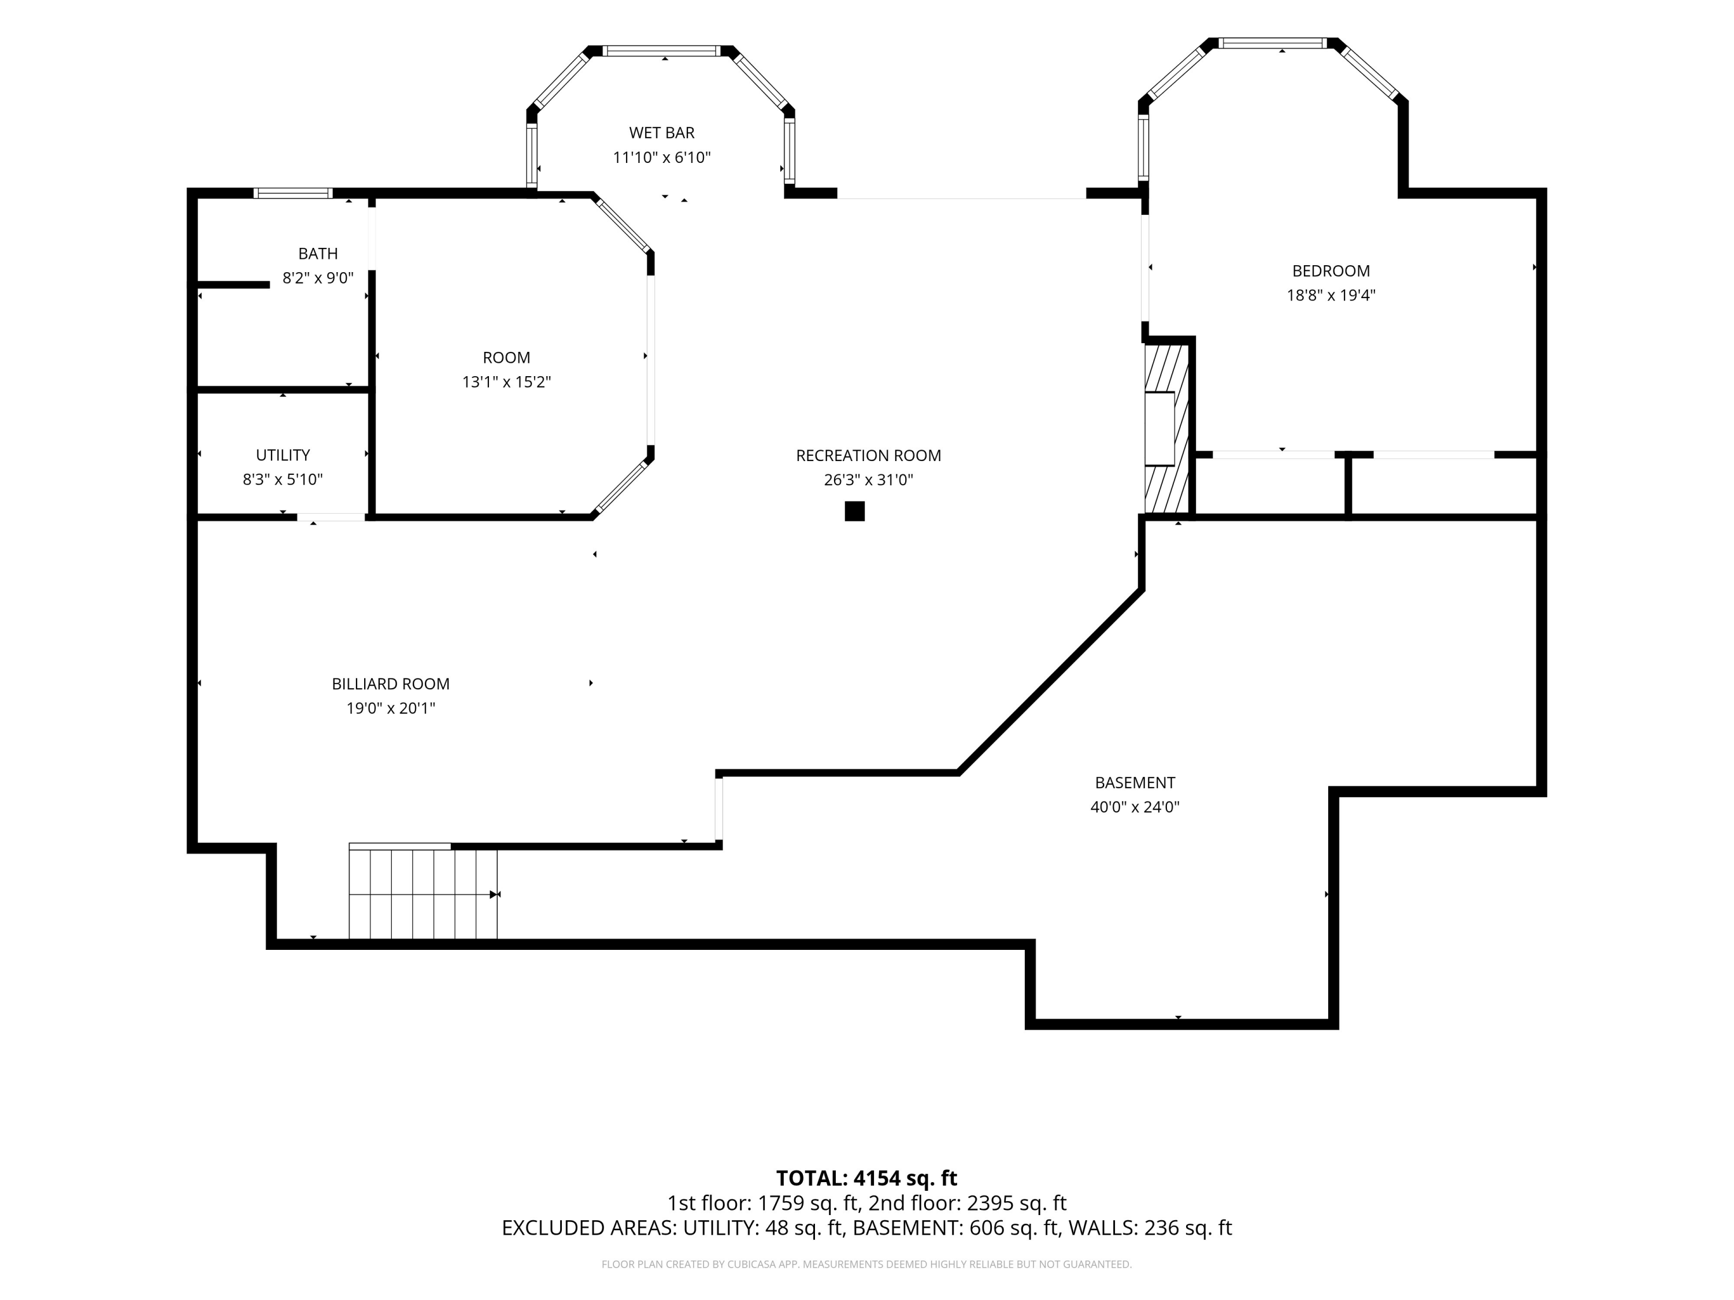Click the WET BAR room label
coord(662,133)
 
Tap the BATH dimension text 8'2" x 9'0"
coord(318,278)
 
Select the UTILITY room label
coord(283,455)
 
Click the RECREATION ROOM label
coord(869,456)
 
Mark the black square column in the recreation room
coord(854,511)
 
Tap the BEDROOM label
coord(1331,271)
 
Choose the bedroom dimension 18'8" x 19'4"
coord(1331,295)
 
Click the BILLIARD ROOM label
coord(390,684)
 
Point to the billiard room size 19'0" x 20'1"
coord(390,708)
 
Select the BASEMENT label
coord(1135,783)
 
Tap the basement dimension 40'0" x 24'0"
coord(1135,807)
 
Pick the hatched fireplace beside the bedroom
coord(1167,429)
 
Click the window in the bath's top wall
coord(293,194)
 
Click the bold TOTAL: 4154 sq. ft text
coord(867,1179)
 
